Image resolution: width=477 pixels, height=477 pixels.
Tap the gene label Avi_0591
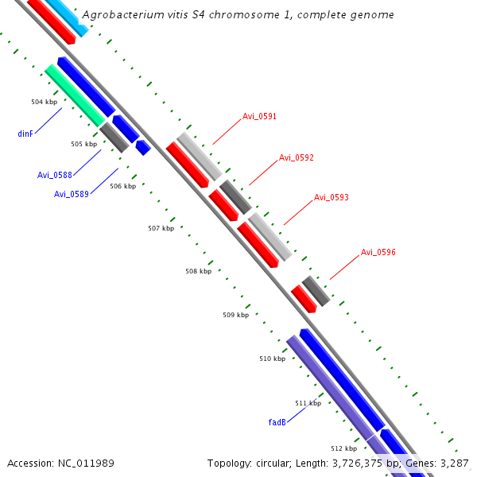[259, 117]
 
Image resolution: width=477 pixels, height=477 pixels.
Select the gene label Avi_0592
[296, 157]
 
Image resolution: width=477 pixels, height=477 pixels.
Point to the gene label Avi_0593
[331, 197]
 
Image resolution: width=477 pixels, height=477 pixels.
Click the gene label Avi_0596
[378, 252]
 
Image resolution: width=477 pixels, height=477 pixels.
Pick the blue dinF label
[25, 134]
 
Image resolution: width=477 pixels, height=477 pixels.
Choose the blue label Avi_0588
[54, 175]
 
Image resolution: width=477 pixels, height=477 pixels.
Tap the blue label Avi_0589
[71, 194]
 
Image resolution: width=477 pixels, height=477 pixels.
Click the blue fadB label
[277, 422]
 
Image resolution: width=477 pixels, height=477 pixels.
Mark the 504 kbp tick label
[44, 103]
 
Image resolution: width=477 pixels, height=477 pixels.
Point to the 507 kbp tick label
[161, 228]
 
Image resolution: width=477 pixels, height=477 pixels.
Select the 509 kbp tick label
[235, 315]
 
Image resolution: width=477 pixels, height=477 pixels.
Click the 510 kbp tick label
[272, 359]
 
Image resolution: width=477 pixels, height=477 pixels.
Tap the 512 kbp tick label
[343, 448]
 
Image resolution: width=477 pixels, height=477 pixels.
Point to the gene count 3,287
[453, 463]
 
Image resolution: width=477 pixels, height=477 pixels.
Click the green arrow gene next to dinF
[75, 95]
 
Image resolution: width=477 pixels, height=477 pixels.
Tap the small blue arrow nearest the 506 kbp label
[143, 147]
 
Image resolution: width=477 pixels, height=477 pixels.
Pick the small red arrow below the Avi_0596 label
[304, 298]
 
